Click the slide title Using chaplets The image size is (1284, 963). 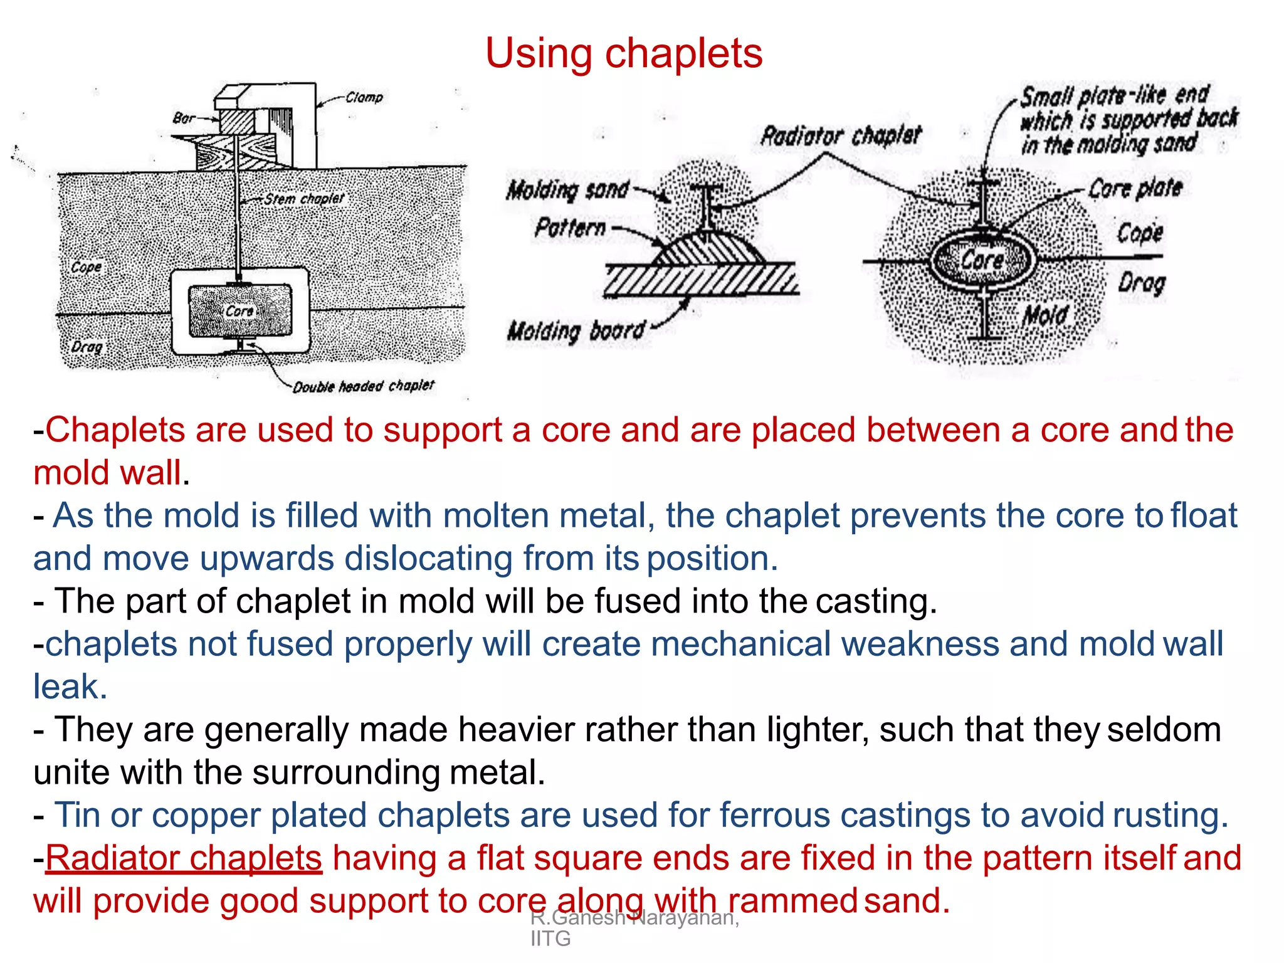(624, 53)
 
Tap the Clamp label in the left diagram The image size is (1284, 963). (364, 97)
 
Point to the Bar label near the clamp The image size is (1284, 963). (183, 118)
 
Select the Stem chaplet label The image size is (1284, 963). (304, 199)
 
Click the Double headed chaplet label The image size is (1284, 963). (364, 386)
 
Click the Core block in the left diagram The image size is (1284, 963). (240, 311)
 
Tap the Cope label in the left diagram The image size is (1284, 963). (87, 267)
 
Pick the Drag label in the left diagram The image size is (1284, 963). (87, 347)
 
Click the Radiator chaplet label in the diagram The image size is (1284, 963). (840, 135)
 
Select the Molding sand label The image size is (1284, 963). (567, 189)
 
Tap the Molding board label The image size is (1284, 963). (576, 330)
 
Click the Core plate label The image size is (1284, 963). (1135, 188)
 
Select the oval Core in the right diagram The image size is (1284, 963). (981, 259)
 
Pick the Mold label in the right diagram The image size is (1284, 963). (1045, 315)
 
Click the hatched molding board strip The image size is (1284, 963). (699, 279)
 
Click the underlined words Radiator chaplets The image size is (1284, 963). (184, 858)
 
